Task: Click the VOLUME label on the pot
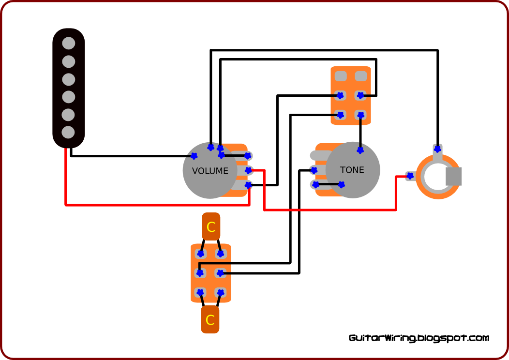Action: (x=210, y=171)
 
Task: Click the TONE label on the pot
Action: (x=352, y=170)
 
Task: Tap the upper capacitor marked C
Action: (x=211, y=226)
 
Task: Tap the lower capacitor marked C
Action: (x=210, y=320)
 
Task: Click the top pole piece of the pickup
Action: (x=69, y=43)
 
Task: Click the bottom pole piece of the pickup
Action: (x=69, y=132)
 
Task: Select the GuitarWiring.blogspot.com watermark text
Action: (x=419, y=338)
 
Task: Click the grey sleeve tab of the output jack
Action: (x=453, y=176)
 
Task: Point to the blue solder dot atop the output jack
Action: (x=437, y=149)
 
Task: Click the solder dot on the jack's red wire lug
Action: (x=410, y=176)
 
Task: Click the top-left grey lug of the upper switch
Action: (x=341, y=76)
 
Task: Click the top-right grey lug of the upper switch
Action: (x=360, y=76)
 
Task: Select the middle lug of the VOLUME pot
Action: (x=248, y=170)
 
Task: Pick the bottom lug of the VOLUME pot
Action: (x=248, y=185)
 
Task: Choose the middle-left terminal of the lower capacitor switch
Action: (x=200, y=273)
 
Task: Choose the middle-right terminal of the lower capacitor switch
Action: (x=220, y=273)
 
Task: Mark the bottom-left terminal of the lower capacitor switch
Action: (x=200, y=292)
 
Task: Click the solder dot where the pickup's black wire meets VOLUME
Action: (x=194, y=156)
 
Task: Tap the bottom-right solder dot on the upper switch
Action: (x=360, y=115)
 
